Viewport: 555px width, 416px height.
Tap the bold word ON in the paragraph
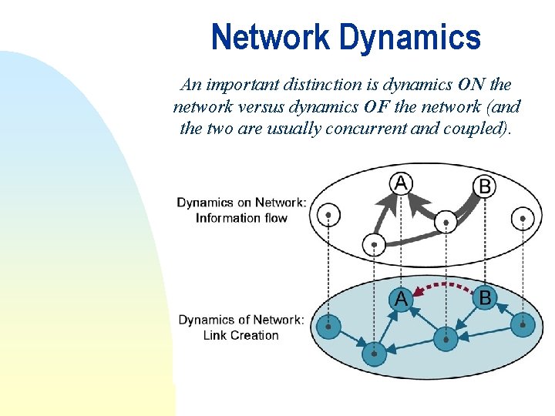pyautogui.click(x=471, y=85)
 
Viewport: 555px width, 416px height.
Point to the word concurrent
pyautogui.click(x=368, y=128)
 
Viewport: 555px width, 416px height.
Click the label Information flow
pyautogui.click(x=241, y=218)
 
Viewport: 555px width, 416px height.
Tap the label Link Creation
pyautogui.click(x=241, y=335)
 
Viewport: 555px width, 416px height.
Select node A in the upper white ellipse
pyautogui.click(x=401, y=183)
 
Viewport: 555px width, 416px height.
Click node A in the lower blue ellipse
pyautogui.click(x=401, y=299)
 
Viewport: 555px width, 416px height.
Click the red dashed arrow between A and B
pyautogui.click(x=442, y=287)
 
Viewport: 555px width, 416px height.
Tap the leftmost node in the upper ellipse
pyautogui.click(x=329, y=214)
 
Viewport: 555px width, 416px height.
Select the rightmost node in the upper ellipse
pyautogui.click(x=523, y=219)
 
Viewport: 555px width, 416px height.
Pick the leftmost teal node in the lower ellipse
pyautogui.click(x=329, y=327)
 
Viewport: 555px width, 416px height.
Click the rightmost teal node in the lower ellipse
pyautogui.click(x=523, y=326)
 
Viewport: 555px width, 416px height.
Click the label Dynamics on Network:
pyautogui.click(x=241, y=203)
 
